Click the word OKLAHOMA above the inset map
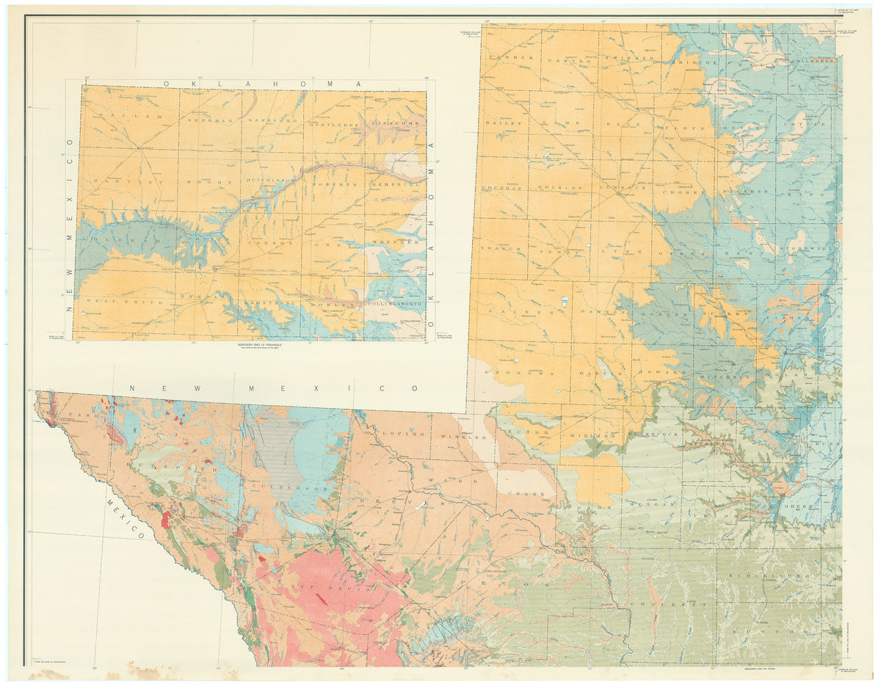[x=262, y=84]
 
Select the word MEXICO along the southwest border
[x=125, y=518]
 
